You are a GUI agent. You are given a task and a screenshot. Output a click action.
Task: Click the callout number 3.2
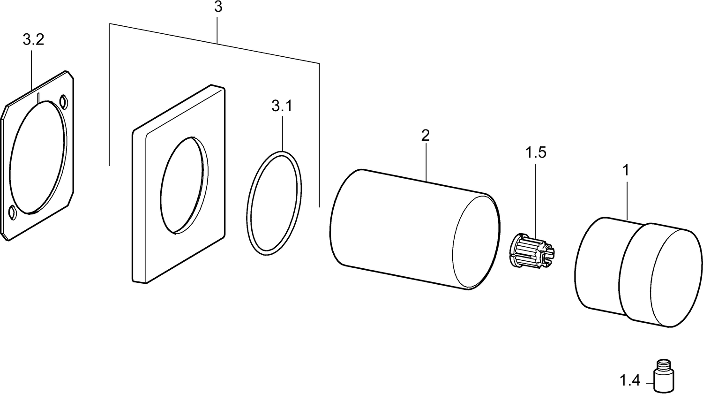pos(33,40)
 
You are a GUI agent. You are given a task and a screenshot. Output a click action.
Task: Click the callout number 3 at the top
pos(218,8)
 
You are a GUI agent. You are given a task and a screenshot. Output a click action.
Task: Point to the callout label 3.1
pos(282,106)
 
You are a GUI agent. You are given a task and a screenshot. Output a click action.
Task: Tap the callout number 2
pos(425,136)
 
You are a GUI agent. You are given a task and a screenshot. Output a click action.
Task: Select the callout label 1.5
pos(536,153)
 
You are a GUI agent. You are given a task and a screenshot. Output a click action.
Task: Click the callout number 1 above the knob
pos(625,170)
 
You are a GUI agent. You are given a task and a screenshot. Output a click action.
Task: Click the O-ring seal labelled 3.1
pos(275,203)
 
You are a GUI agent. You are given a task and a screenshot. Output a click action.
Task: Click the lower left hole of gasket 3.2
pos(13,212)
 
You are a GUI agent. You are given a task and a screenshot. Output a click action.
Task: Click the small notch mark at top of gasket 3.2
pos(38,98)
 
